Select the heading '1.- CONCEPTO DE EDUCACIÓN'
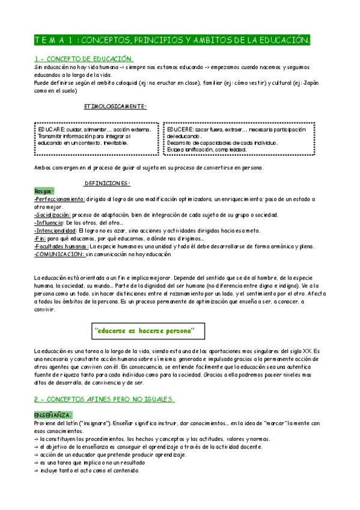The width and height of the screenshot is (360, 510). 84,59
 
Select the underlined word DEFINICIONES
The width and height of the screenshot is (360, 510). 107,183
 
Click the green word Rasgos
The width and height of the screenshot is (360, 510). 44,191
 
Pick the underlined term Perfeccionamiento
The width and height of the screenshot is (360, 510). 60,198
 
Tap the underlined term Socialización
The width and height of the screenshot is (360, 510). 53,215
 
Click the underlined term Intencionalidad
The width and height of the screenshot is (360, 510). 56,230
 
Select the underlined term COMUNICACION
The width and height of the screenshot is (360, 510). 59,254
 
